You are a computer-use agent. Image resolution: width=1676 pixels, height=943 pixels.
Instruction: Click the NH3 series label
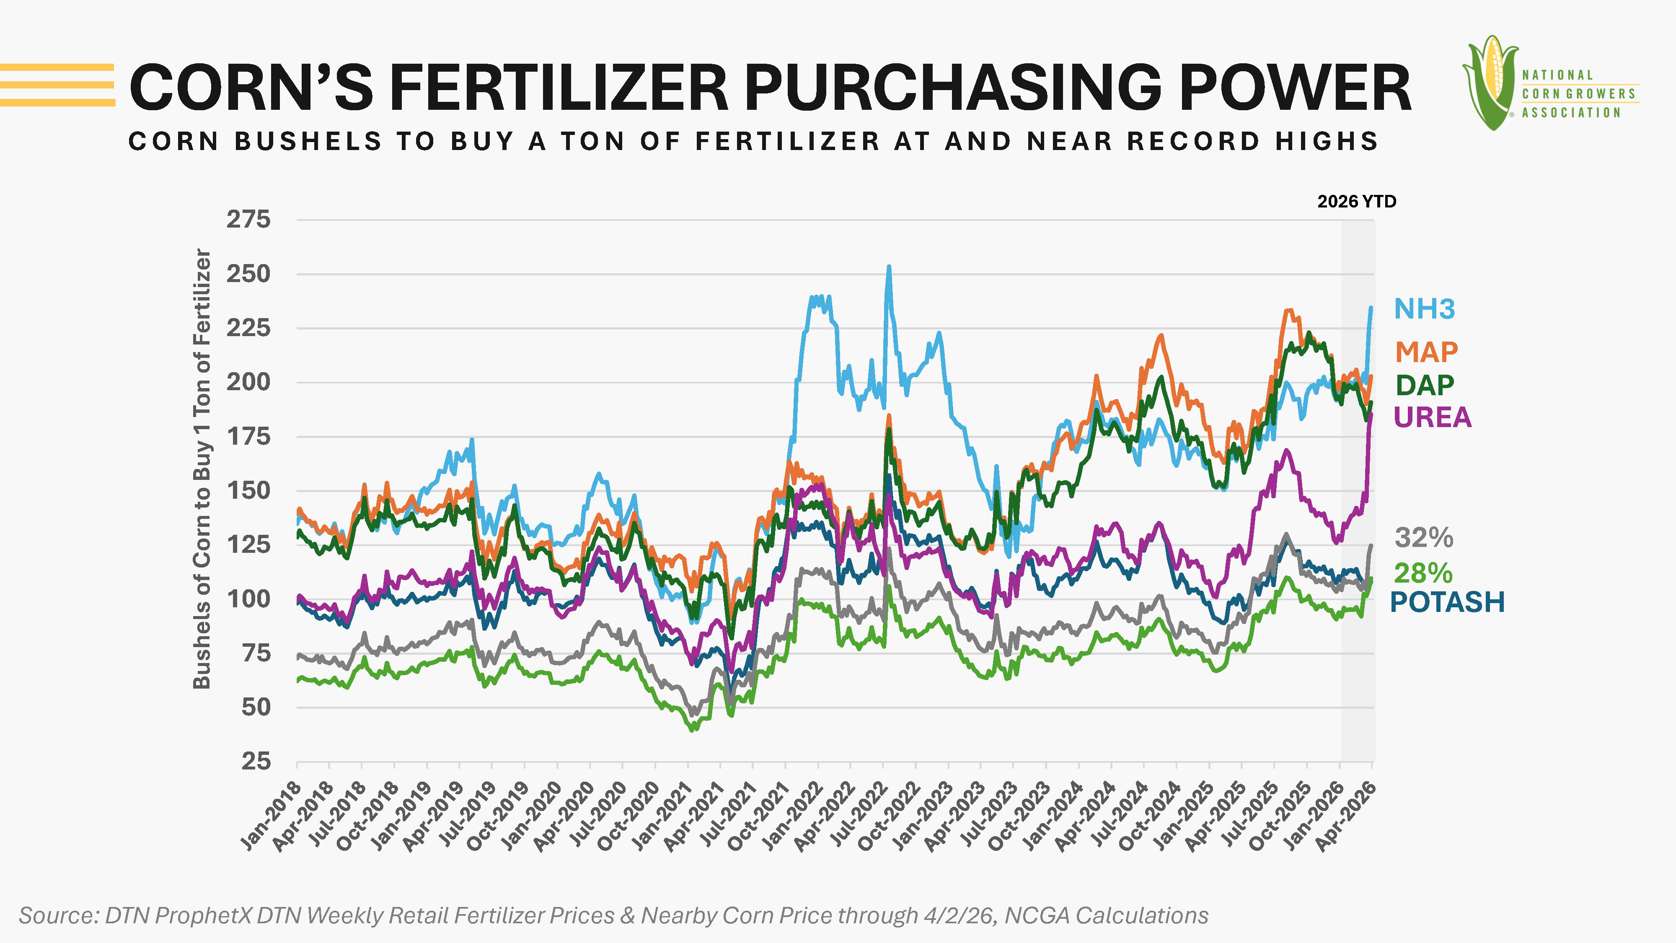pos(1424,309)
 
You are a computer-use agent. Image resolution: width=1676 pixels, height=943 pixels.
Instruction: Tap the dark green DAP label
pos(1424,385)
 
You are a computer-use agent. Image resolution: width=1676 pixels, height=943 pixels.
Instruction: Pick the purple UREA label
pos(1432,417)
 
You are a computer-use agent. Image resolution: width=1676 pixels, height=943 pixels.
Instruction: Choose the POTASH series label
pos(1447,602)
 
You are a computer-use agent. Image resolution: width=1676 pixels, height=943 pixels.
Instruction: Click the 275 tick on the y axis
pos(248,220)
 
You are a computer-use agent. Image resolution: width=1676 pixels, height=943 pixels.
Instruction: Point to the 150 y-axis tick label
pos(248,491)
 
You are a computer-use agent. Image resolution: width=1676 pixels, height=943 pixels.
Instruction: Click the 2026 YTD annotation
pos(1357,202)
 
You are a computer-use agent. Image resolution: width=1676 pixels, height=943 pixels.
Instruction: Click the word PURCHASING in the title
pos(953,88)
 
